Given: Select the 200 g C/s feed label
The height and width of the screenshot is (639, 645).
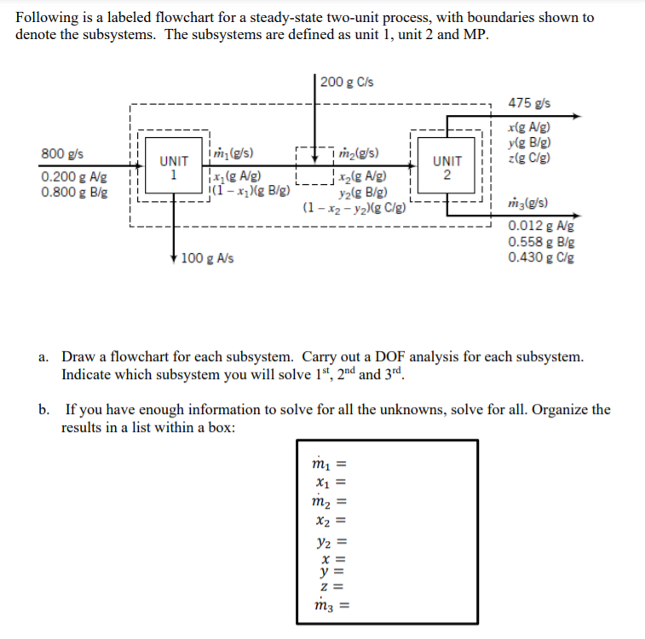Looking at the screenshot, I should (x=348, y=82).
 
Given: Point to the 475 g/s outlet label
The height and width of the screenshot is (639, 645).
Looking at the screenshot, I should (x=528, y=103).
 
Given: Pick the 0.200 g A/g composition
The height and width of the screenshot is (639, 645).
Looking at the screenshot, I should (x=73, y=177).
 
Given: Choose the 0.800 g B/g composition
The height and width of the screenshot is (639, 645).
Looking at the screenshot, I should (x=73, y=192).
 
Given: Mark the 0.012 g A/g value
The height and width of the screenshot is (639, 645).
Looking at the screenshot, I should (x=540, y=227).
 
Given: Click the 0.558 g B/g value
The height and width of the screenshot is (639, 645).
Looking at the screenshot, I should (x=540, y=242).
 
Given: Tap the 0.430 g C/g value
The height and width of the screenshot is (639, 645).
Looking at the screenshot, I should (x=540, y=257).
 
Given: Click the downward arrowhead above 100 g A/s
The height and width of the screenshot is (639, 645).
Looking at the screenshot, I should (x=176, y=254).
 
